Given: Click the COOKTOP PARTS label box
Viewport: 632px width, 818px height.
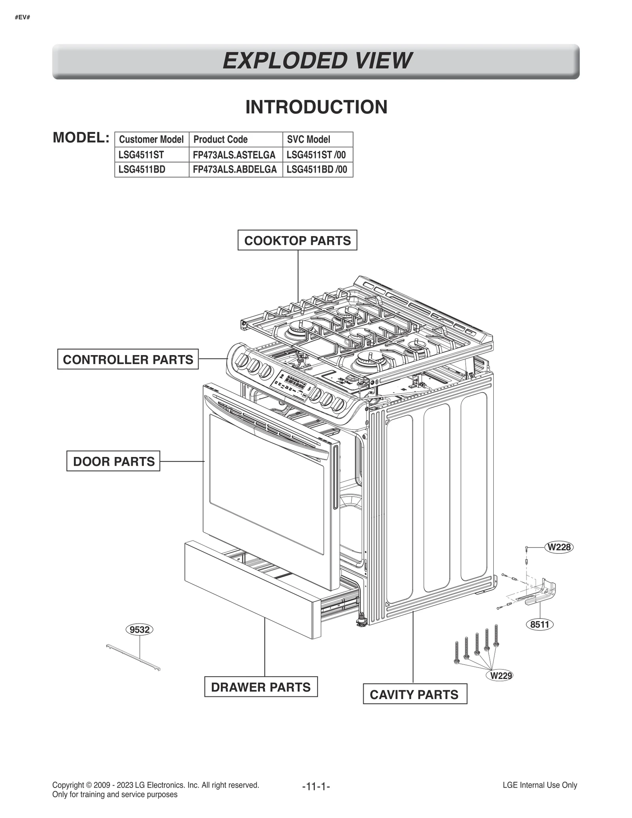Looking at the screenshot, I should tap(297, 240).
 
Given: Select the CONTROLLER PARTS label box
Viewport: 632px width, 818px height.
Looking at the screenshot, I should tap(128, 359).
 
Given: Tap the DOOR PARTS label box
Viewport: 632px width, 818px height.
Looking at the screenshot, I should tap(113, 461).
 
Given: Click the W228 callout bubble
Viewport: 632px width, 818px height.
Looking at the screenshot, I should tap(559, 547).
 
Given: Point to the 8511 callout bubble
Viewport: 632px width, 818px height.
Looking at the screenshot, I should tap(540, 624).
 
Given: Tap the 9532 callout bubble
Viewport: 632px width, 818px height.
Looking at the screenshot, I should tap(139, 629).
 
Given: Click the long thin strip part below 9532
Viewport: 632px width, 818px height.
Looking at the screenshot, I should tap(133, 658).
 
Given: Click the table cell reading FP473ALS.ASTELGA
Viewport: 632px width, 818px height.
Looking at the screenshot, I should tap(234, 155).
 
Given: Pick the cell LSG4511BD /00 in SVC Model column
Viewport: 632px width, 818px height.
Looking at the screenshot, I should tap(317, 169).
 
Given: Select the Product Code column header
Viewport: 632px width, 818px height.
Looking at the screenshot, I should tap(220, 139).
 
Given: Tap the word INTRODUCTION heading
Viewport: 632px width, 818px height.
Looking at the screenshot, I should tap(316, 107).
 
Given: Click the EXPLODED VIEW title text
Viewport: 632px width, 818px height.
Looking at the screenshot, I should tap(316, 61).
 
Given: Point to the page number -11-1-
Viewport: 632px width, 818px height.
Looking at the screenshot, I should tap(316, 786).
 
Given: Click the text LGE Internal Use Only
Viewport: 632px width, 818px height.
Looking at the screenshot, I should tap(540, 785).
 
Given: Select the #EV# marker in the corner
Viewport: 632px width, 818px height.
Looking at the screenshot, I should tap(23, 18).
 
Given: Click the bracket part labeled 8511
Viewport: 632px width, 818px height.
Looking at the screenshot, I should tap(543, 593).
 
